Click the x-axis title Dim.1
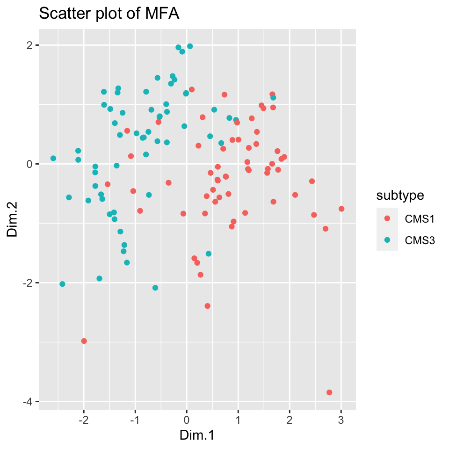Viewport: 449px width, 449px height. click(197, 435)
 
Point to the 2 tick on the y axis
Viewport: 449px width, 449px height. click(29, 45)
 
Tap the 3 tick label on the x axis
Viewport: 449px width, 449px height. click(341, 420)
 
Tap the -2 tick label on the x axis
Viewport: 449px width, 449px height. click(83, 420)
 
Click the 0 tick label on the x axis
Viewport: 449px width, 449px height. click(187, 420)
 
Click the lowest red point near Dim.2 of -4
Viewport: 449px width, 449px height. click(329, 392)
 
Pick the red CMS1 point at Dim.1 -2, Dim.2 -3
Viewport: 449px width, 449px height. click(84, 341)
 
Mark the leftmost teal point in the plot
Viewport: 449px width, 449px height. click(53, 159)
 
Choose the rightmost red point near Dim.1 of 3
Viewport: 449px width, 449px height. click(341, 209)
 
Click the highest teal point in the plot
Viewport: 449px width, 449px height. click(190, 46)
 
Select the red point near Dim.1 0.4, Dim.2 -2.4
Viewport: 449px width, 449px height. click(207, 306)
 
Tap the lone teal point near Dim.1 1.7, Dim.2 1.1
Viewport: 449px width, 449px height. click(273, 98)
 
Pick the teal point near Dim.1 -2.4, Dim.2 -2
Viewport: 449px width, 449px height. click(62, 284)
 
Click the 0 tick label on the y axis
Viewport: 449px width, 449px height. click(29, 164)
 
